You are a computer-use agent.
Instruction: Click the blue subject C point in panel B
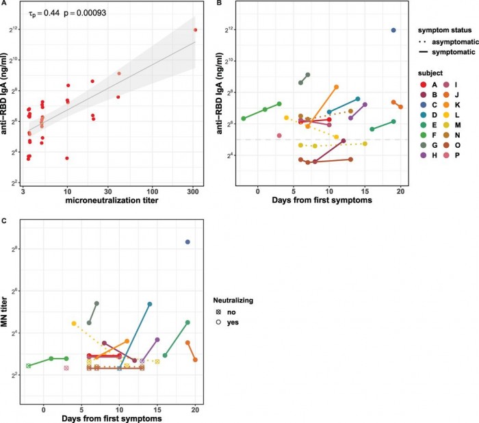click(x=393, y=30)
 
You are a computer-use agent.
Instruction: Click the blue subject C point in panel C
click(x=187, y=242)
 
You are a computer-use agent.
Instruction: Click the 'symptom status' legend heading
click(x=444, y=29)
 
